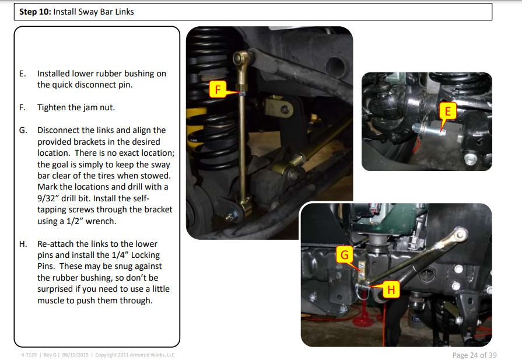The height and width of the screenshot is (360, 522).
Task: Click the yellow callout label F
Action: [218, 89]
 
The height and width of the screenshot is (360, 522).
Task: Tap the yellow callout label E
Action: [448, 111]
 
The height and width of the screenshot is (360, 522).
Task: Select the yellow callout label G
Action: [345, 255]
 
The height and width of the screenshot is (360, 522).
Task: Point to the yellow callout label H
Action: [391, 289]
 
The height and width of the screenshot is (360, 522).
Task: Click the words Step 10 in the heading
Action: [34, 12]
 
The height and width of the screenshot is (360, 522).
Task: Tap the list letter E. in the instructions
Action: [22, 74]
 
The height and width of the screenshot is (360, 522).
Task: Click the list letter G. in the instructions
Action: [23, 130]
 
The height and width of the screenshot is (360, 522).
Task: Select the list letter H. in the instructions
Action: [23, 244]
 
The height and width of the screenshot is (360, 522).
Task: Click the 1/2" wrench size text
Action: [75, 221]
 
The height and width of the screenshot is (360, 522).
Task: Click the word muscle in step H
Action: [50, 300]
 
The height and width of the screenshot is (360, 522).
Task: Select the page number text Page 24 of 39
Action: [474, 355]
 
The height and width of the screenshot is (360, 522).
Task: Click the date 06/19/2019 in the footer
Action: [75, 355]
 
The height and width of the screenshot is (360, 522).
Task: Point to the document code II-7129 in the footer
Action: [29, 355]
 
